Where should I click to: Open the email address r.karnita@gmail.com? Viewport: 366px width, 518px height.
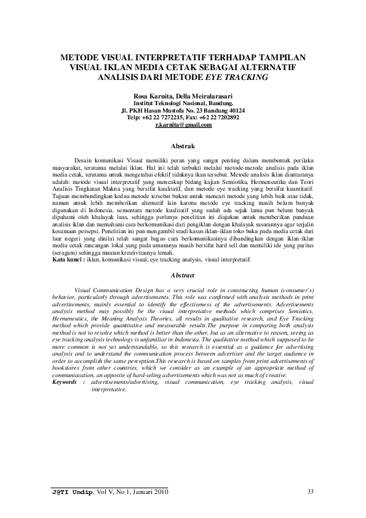(183, 125)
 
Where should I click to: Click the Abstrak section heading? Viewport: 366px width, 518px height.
(183, 146)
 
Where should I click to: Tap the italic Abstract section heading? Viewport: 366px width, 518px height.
(183, 275)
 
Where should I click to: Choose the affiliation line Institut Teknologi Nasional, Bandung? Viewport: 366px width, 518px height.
(183, 104)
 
